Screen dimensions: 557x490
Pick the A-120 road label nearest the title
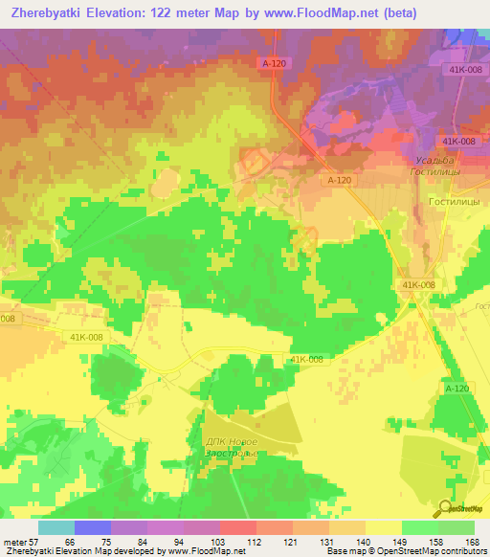coord(274,62)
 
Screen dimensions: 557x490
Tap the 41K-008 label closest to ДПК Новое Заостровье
coord(306,359)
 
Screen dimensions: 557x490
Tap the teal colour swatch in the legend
coord(56,527)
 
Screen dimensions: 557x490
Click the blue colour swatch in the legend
coord(92,527)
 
